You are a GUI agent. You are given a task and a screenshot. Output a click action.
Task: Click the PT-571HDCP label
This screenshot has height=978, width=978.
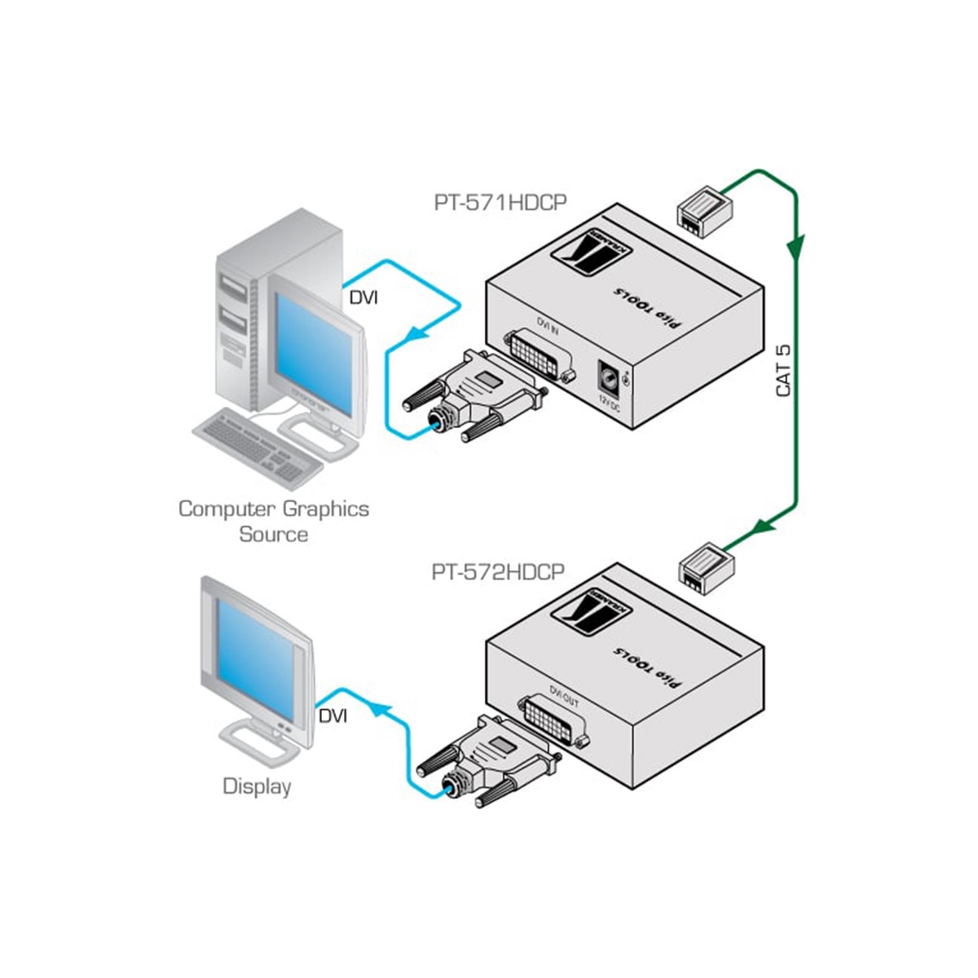(x=500, y=203)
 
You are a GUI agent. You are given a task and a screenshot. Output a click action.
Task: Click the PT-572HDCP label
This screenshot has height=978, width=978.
(x=498, y=572)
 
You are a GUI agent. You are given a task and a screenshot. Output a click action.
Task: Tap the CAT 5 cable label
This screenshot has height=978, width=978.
(x=784, y=371)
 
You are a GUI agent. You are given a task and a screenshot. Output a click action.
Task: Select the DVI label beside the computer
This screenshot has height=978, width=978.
(x=363, y=297)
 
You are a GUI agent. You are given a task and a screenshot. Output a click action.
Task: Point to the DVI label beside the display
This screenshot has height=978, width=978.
(x=333, y=716)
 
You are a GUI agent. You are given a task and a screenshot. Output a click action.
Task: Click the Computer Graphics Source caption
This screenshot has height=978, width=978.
(x=274, y=522)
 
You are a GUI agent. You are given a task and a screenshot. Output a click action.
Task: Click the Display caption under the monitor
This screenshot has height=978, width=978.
(x=257, y=786)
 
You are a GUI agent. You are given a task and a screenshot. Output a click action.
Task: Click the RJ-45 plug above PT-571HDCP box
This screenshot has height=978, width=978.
(x=703, y=209)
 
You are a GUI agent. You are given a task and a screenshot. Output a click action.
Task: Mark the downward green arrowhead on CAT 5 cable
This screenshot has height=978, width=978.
(x=796, y=244)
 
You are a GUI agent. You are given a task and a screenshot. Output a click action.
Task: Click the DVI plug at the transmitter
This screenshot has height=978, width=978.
(x=474, y=395)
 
